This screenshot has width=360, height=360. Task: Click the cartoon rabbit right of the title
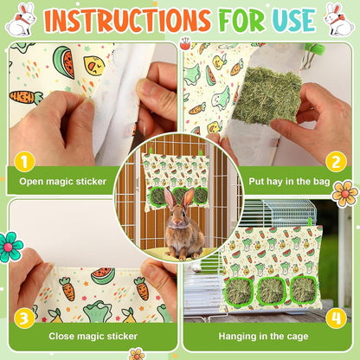[x=338, y=19]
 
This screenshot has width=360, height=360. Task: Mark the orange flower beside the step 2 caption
[x=344, y=193]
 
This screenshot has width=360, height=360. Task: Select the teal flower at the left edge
[x=11, y=246]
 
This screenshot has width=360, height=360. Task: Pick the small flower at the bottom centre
[x=137, y=353]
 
